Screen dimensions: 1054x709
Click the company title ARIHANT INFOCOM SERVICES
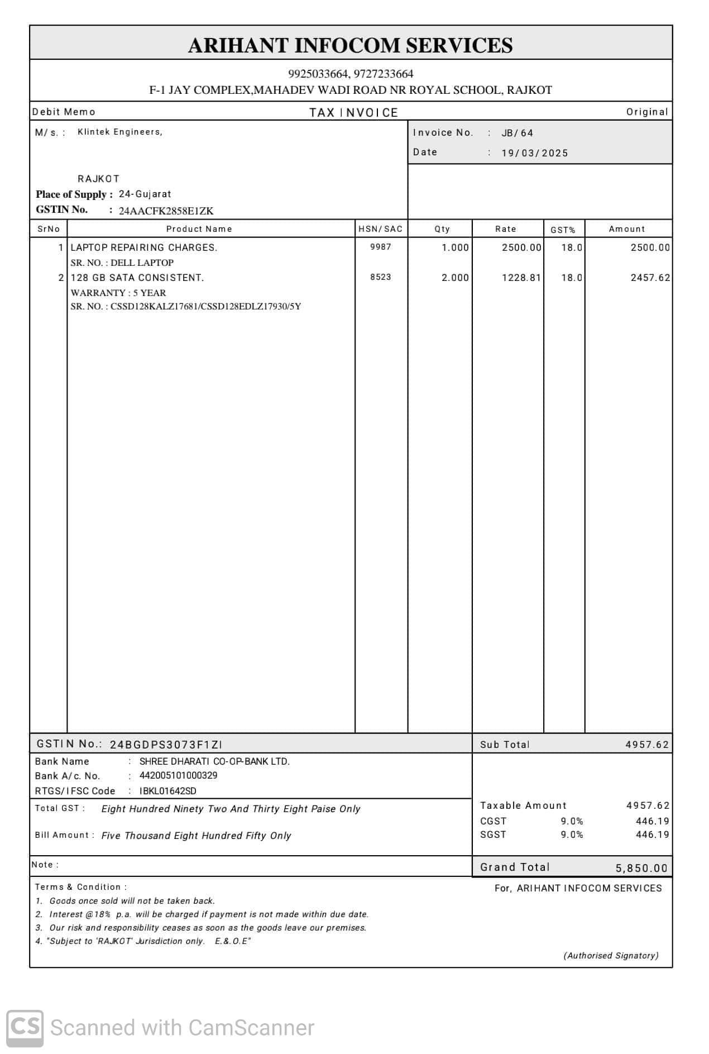tap(350, 45)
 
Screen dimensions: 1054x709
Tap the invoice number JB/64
tap(517, 133)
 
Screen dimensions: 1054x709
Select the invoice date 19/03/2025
tap(534, 153)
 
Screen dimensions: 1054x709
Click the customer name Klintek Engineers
tap(119, 132)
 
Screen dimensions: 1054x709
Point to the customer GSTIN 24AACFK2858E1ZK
tap(166, 211)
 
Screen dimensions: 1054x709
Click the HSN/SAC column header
tap(380, 229)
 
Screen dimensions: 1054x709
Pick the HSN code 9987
tap(380, 247)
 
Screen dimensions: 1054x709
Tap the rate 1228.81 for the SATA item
tap(521, 278)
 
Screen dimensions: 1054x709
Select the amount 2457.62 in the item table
tap(650, 278)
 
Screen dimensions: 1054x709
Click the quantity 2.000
tap(455, 278)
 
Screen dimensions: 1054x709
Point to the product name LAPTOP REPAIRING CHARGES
tap(144, 247)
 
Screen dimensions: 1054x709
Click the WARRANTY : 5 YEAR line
tap(118, 293)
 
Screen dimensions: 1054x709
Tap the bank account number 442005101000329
tap(179, 775)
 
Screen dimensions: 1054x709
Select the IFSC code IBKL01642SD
tap(168, 791)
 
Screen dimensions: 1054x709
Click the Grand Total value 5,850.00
tap(641, 868)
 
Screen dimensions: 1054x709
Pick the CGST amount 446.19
tap(652, 821)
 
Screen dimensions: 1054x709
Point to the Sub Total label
tap(505, 745)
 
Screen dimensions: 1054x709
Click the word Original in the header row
tap(646, 112)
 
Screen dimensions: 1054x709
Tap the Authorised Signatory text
tap(611, 956)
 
